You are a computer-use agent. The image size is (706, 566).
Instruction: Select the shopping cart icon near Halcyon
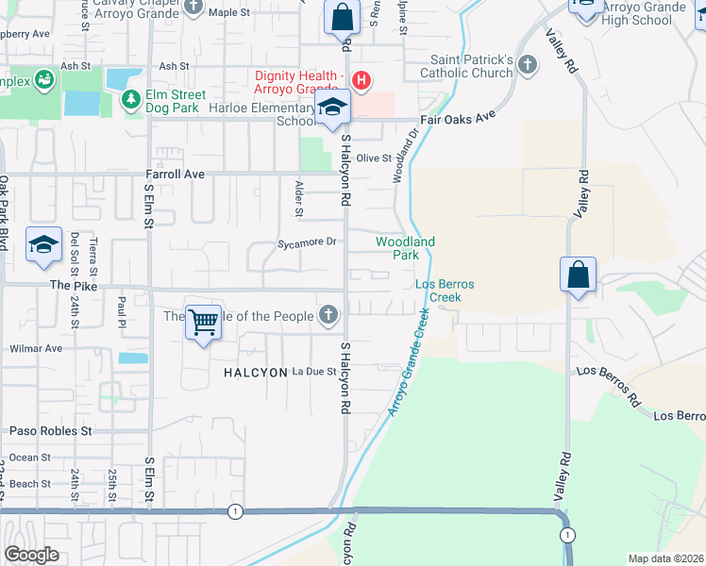203,323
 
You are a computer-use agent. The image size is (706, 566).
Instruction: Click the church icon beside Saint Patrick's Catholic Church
527,65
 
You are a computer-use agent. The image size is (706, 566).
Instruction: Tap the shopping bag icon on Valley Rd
577,275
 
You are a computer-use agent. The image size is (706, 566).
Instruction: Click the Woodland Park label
405,249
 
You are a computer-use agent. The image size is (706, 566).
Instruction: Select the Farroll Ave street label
175,175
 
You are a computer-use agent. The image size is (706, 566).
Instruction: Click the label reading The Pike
75,285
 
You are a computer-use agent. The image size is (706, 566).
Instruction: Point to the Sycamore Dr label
307,242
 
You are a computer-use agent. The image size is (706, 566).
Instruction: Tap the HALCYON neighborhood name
255,373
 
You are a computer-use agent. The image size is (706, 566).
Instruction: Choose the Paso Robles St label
51,431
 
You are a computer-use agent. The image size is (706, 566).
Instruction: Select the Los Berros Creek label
445,291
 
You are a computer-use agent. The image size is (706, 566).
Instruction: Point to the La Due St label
314,372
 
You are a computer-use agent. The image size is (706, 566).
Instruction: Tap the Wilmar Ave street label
35,348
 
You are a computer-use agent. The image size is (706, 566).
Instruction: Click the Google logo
32,555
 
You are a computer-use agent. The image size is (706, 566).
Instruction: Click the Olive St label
373,158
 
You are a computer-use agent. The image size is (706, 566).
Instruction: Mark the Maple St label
229,12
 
